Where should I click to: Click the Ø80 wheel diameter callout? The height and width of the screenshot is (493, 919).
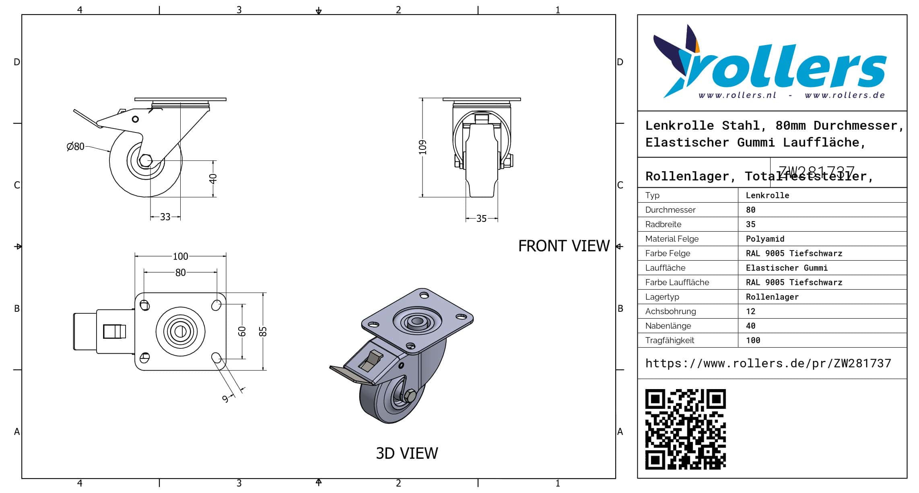(x=76, y=146)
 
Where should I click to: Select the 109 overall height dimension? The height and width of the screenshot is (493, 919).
(x=422, y=147)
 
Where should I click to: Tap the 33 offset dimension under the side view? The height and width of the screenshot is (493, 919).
(x=165, y=217)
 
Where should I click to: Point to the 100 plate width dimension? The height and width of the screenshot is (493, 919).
(x=180, y=256)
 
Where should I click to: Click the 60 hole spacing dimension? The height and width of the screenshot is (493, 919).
(x=242, y=331)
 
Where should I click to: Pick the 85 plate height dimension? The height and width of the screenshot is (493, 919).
(x=263, y=331)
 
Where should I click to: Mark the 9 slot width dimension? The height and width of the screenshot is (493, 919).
(x=226, y=399)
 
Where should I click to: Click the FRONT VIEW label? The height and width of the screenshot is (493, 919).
(x=564, y=246)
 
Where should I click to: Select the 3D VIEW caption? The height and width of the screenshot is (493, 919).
(x=407, y=454)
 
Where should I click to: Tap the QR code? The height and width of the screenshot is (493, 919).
(x=685, y=429)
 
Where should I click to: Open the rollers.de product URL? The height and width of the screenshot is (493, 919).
(x=768, y=363)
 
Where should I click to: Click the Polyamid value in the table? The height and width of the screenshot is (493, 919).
(x=765, y=239)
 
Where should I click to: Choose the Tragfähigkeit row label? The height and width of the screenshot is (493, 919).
(x=670, y=340)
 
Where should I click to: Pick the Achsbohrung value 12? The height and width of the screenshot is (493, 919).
(x=750, y=311)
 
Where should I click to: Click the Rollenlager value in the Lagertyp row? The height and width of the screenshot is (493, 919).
(x=772, y=297)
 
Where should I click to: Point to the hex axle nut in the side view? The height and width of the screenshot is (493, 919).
(x=145, y=160)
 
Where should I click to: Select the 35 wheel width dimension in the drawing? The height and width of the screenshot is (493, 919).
(x=481, y=219)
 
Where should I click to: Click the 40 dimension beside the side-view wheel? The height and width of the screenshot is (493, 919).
(x=213, y=178)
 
